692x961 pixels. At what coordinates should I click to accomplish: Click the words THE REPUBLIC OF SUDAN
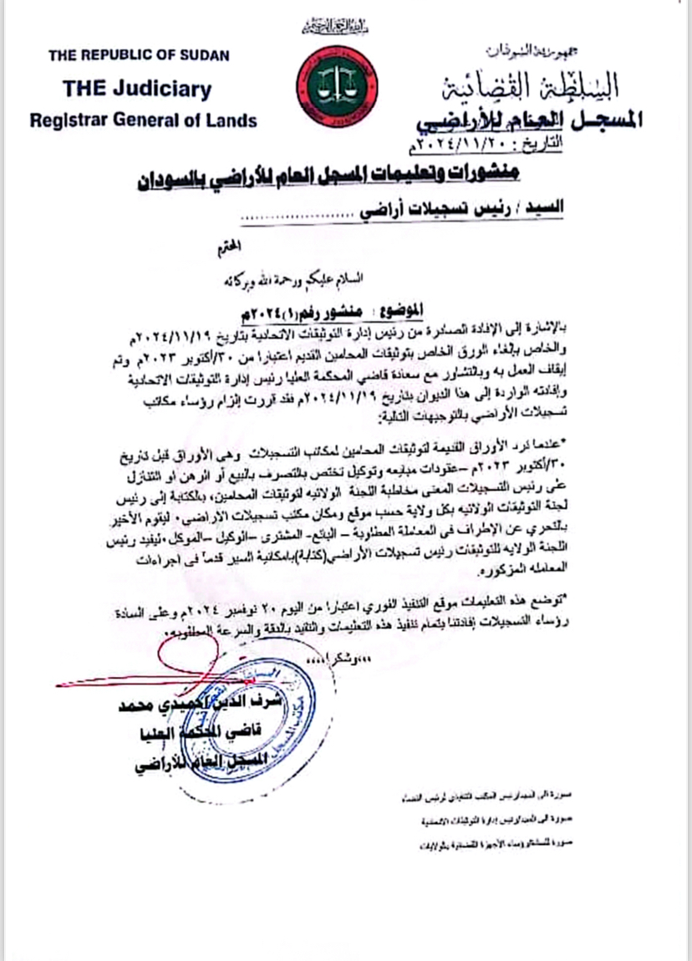pyautogui.click(x=139, y=56)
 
